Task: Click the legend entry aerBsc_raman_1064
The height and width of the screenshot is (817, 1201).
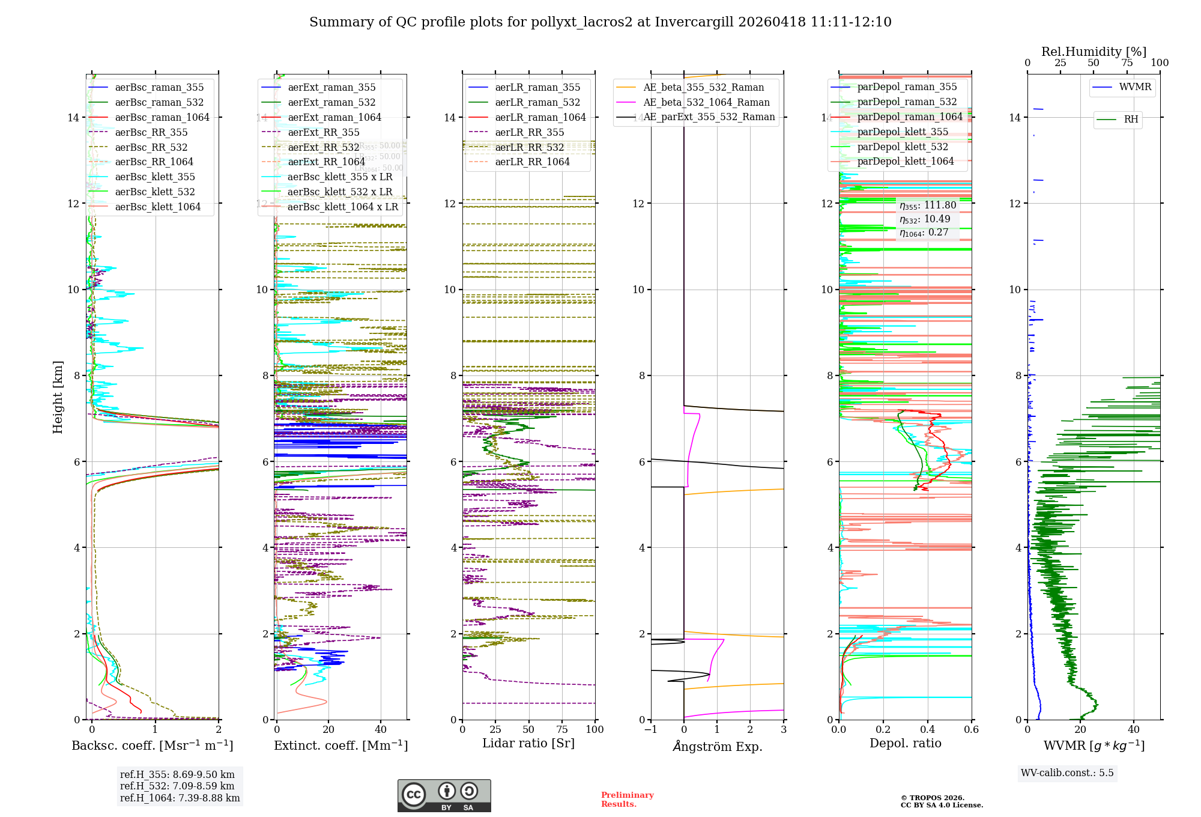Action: pos(162,118)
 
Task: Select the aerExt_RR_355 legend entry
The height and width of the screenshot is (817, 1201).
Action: pos(324,133)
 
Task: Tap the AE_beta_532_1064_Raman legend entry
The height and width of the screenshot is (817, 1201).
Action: pos(706,103)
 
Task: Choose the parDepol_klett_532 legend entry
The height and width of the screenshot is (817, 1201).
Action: pos(903,147)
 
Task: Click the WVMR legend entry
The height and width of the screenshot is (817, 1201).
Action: pos(1135,87)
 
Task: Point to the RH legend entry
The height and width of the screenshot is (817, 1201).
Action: pos(1131,120)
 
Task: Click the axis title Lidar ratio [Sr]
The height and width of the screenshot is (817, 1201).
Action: pos(528,744)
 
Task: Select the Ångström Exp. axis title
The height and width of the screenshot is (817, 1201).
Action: pos(718,747)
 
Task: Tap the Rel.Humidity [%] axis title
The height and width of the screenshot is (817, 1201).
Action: pos(1094,52)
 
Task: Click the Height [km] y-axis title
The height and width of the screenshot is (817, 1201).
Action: pos(58,397)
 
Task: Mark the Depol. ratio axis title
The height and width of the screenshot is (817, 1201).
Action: pos(906,744)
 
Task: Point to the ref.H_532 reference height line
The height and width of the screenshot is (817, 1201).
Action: pos(177,786)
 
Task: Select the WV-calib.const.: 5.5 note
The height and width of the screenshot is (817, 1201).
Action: pos(1067,773)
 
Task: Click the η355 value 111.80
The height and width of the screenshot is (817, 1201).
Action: pos(940,205)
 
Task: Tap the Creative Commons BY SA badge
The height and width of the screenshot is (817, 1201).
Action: pos(444,795)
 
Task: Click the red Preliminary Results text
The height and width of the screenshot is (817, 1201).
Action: pos(627,800)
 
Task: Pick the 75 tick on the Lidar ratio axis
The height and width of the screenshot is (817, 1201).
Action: pos(562,730)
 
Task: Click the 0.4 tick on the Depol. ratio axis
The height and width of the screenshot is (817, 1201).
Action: pos(927,730)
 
